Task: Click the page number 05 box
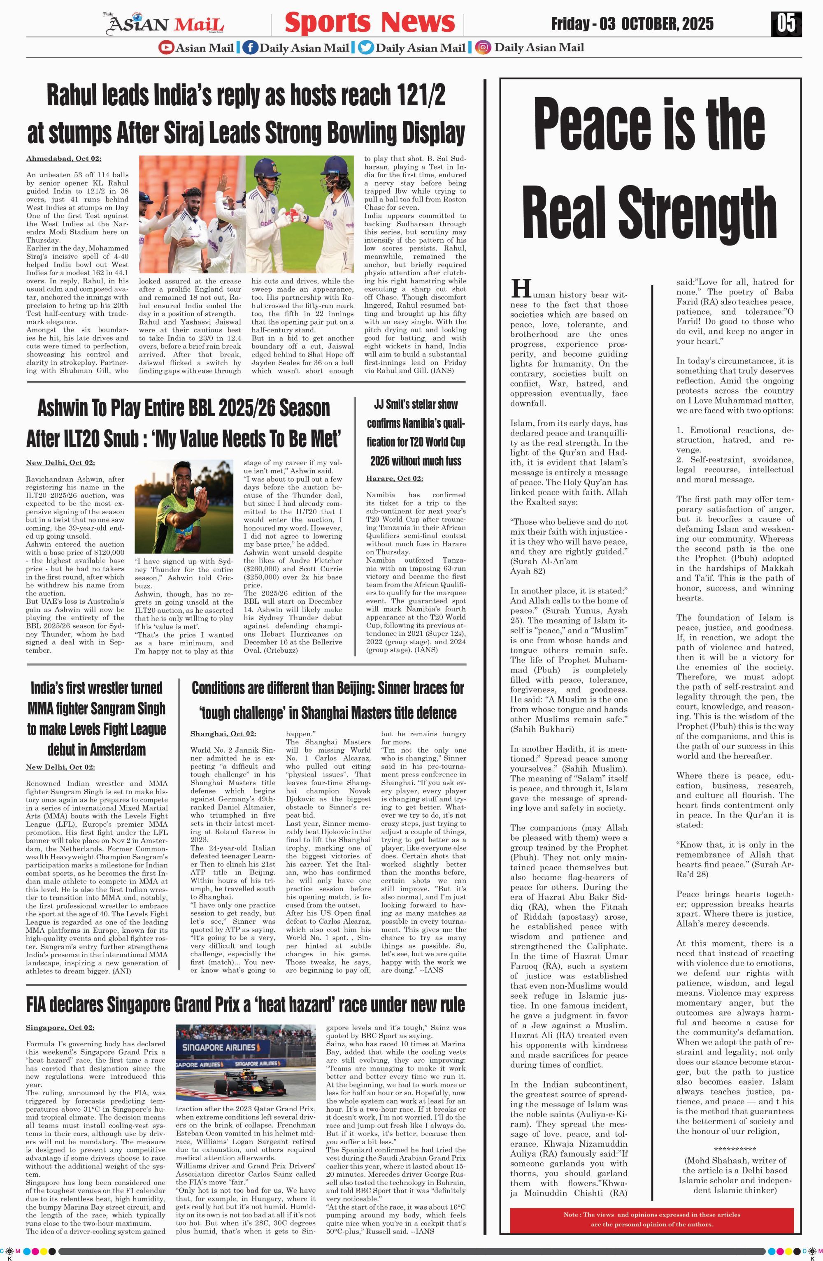[786, 24]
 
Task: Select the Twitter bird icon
[365, 48]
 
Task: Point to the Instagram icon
[483, 48]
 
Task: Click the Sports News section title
[370, 23]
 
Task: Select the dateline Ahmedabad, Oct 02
[64, 158]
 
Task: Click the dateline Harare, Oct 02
[394, 478]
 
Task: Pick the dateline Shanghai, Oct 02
[223, 734]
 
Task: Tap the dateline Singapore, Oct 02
[60, 1028]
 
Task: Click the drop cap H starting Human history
[521, 289]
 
